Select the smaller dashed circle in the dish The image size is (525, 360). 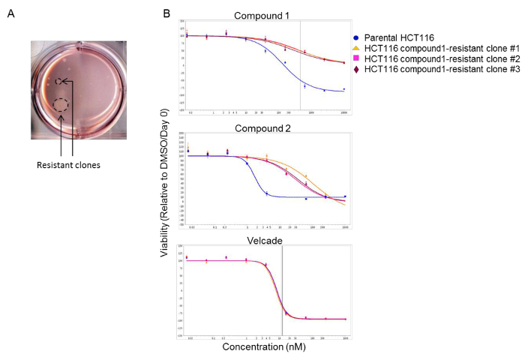pos(58,81)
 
